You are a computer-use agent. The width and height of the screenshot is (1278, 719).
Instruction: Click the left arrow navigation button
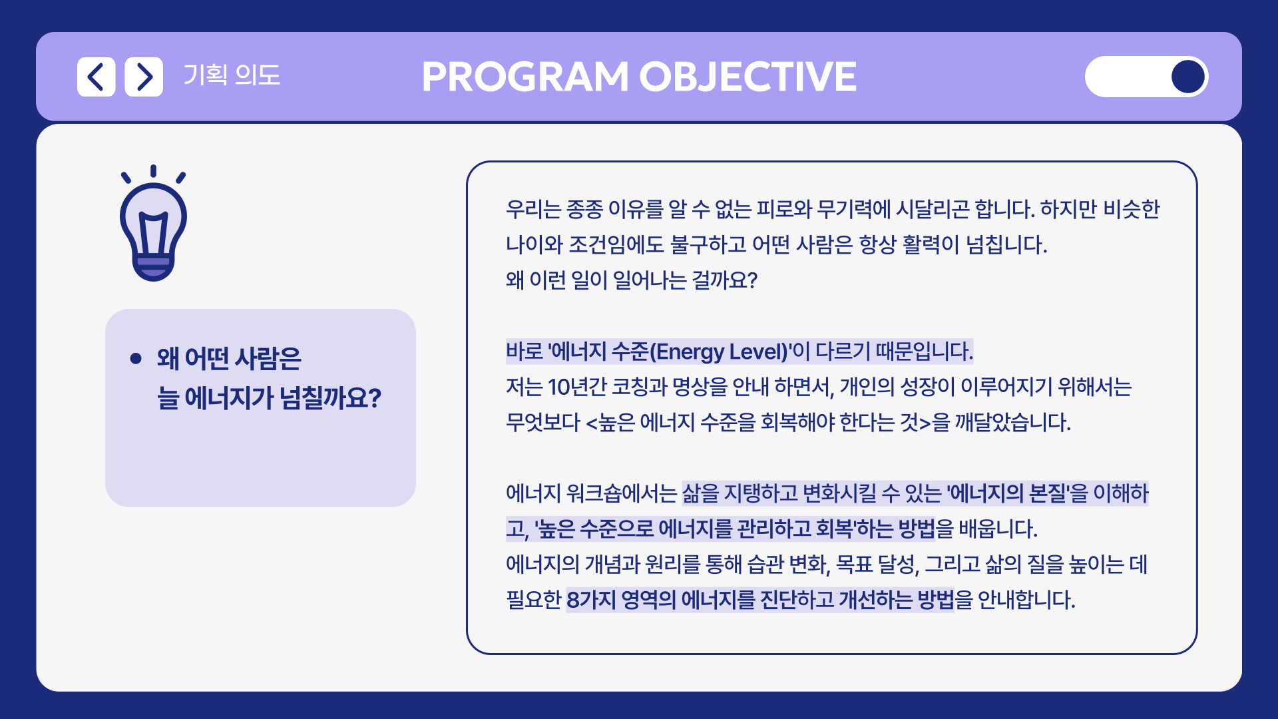(96, 77)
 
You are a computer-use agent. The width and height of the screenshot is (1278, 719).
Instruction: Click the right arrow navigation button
(144, 77)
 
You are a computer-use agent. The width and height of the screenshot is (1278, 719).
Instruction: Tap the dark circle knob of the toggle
(1188, 77)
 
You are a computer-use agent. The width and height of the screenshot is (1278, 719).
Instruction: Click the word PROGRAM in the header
(525, 77)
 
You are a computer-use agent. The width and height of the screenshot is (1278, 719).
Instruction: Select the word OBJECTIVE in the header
(748, 77)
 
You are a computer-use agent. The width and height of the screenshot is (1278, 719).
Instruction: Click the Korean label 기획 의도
(232, 75)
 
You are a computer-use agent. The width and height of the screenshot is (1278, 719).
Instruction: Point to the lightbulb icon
(153, 223)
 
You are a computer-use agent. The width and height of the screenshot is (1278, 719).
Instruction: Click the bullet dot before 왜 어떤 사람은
(136, 359)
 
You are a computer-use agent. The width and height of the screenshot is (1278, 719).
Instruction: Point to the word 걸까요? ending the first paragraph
(725, 280)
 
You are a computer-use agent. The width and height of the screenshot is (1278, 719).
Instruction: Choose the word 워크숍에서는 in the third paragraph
(622, 493)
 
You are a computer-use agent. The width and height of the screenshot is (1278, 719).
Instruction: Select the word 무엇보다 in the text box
(543, 422)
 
